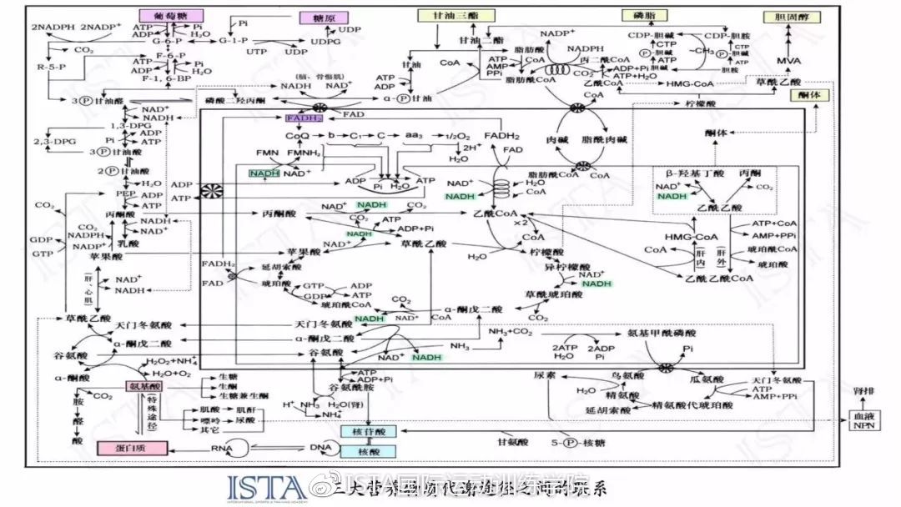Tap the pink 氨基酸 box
[143, 387]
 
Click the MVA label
[788, 63]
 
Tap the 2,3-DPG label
[52, 142]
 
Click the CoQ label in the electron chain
[297, 135]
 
